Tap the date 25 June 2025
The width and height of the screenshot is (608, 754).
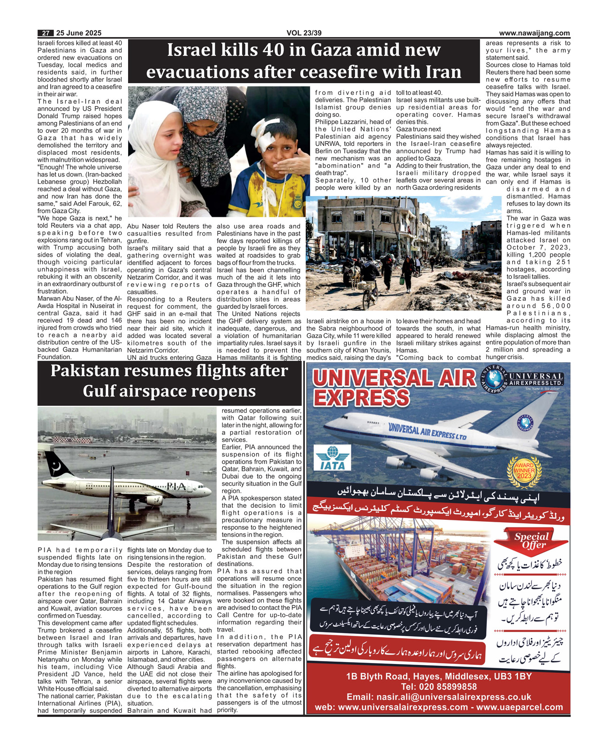(78, 33)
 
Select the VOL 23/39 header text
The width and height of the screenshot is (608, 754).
(304, 33)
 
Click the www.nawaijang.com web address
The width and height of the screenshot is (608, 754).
(534, 33)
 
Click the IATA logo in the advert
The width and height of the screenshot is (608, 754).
(332, 458)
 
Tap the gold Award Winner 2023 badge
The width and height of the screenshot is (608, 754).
(524, 471)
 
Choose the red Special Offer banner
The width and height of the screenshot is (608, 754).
(532, 541)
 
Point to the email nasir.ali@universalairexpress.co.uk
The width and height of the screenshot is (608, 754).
(439, 697)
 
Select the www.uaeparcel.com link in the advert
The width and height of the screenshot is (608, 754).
(520, 707)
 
